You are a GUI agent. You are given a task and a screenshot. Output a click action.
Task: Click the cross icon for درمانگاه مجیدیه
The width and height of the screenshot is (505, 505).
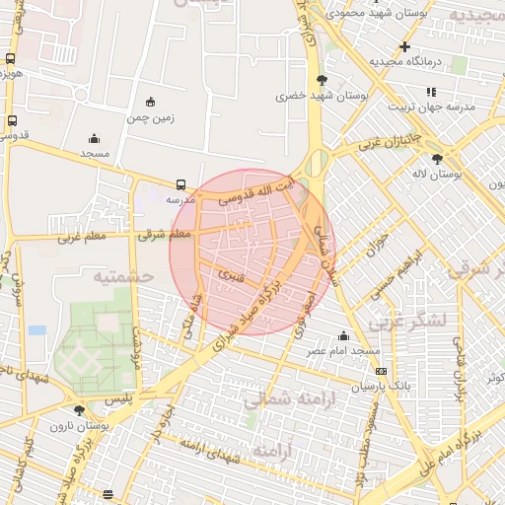pos(404,46)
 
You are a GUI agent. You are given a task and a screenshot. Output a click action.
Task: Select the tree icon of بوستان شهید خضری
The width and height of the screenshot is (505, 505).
pos(321,80)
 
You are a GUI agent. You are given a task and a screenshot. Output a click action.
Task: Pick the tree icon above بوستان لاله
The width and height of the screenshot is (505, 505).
pos(437,158)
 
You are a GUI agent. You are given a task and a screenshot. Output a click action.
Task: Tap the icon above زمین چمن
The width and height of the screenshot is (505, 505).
pos(150,102)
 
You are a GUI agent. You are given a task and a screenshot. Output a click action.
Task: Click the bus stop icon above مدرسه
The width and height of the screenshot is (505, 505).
pos(180,184)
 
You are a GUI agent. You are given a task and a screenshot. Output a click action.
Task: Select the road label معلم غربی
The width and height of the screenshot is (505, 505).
pos(81,237)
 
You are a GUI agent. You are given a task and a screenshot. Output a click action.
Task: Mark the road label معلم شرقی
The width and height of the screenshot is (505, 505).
pos(166,235)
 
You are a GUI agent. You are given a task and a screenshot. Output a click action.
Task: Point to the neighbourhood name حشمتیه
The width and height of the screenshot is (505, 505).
pos(124,277)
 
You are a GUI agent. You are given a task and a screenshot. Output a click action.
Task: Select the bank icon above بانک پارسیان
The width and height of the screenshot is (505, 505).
pos(381,370)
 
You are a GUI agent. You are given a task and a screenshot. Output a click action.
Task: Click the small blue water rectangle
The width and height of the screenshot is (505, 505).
pos(37,329)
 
